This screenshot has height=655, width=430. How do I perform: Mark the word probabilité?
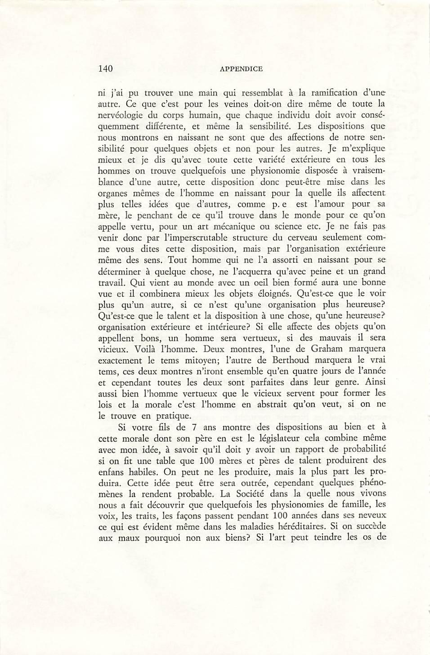[365, 448]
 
